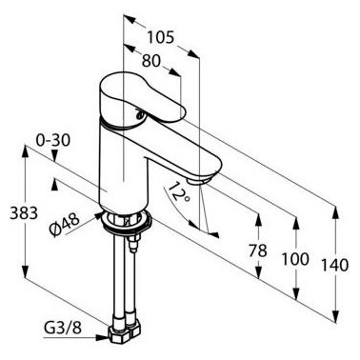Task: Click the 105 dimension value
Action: (161, 37)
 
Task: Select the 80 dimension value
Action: (150, 61)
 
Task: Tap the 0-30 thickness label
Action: (52, 140)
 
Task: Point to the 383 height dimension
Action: (24, 212)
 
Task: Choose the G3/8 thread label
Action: (63, 328)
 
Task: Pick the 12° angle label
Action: (178, 192)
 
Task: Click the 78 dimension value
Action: (257, 250)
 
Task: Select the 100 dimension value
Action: (295, 259)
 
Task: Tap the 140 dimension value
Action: (335, 265)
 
